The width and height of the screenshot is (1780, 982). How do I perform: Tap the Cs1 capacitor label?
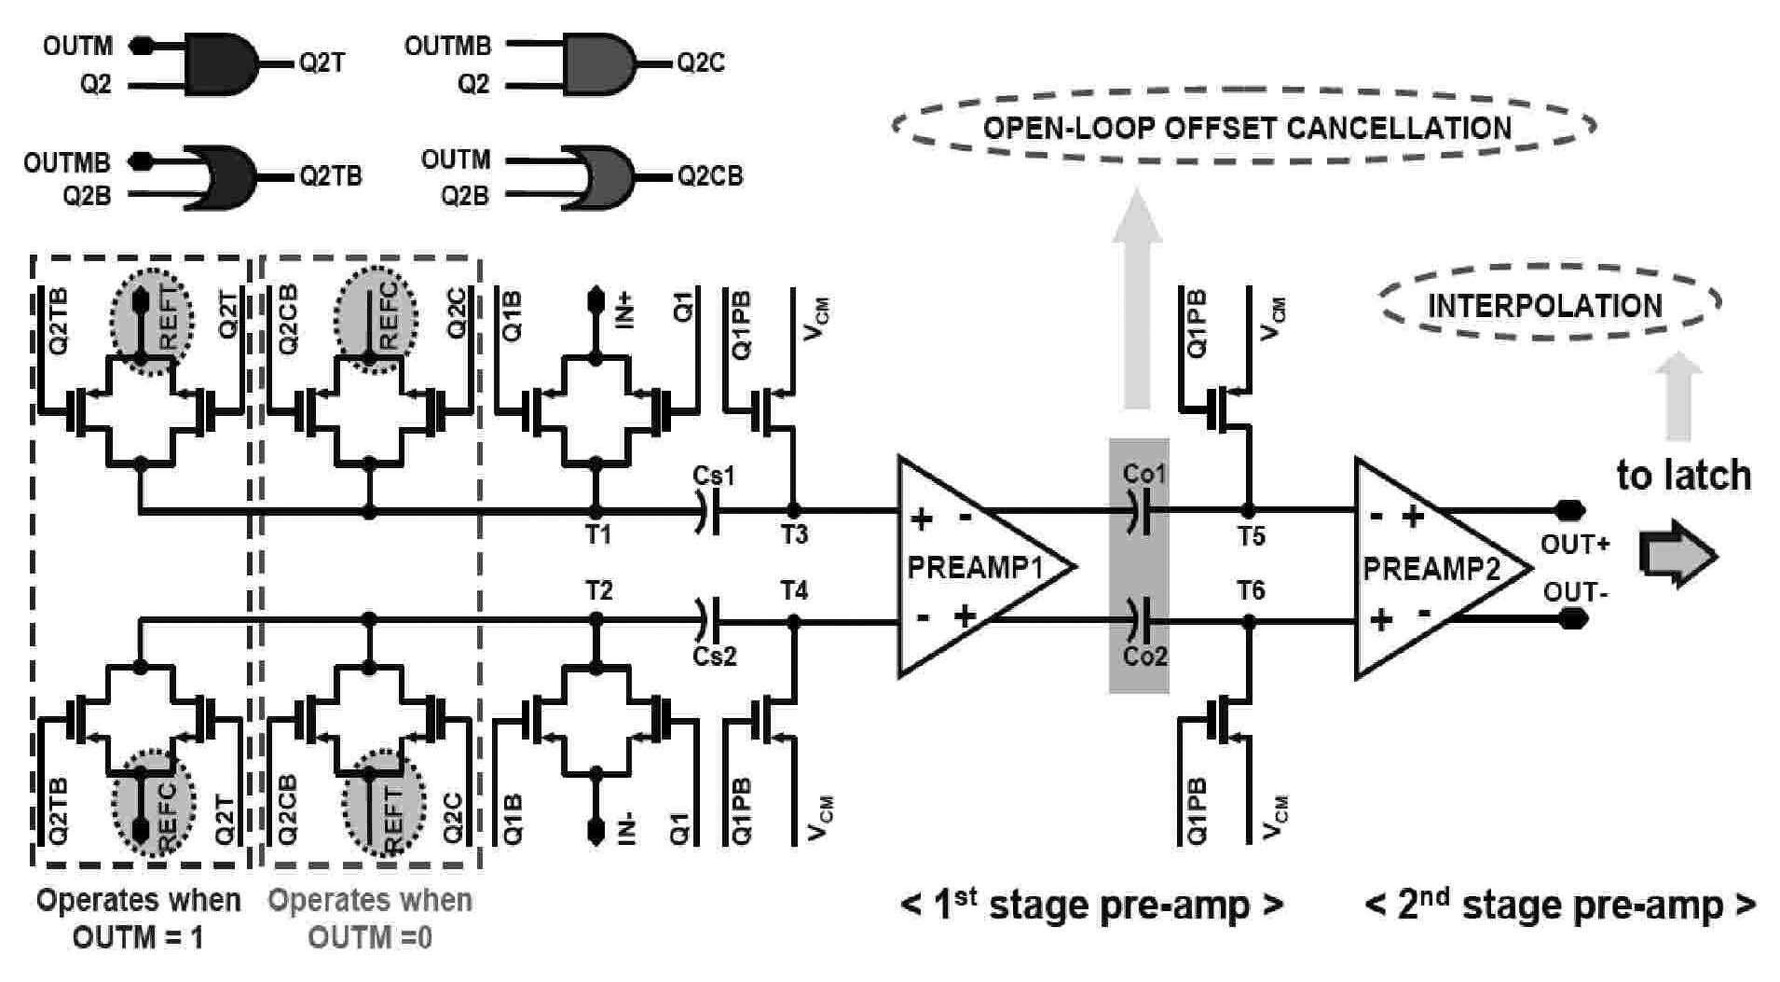pyautogui.click(x=714, y=476)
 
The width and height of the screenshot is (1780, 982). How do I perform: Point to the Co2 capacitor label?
pyautogui.click(x=1144, y=656)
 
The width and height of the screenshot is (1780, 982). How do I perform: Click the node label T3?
pyautogui.click(x=793, y=535)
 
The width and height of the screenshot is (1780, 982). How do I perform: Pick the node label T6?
pyautogui.click(x=1251, y=590)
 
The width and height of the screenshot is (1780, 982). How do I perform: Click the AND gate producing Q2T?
pyautogui.click(x=222, y=65)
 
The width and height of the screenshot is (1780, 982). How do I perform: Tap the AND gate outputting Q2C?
pyautogui.click(x=599, y=64)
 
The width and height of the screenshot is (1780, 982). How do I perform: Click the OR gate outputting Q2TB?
pyautogui.click(x=222, y=176)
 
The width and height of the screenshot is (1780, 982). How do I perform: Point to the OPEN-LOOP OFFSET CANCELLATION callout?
pyautogui.click(x=1246, y=127)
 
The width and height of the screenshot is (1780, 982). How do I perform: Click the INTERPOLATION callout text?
pyautogui.click(x=1545, y=305)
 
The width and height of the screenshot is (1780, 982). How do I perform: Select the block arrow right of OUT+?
pyautogui.click(x=1677, y=554)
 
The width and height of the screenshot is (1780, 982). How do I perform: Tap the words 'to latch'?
pyautogui.click(x=1683, y=476)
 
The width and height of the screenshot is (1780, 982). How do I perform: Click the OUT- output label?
pyautogui.click(x=1574, y=592)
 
